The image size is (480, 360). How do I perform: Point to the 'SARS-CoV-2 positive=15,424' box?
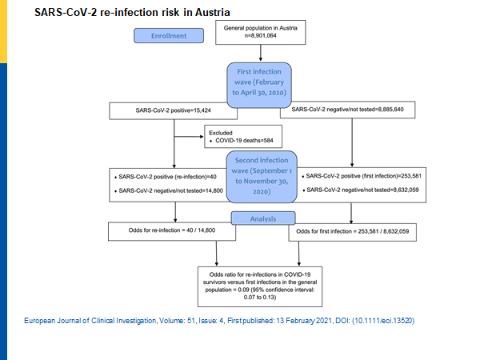click(175, 110)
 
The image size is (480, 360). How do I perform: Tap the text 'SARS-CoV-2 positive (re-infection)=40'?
click(170, 175)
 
